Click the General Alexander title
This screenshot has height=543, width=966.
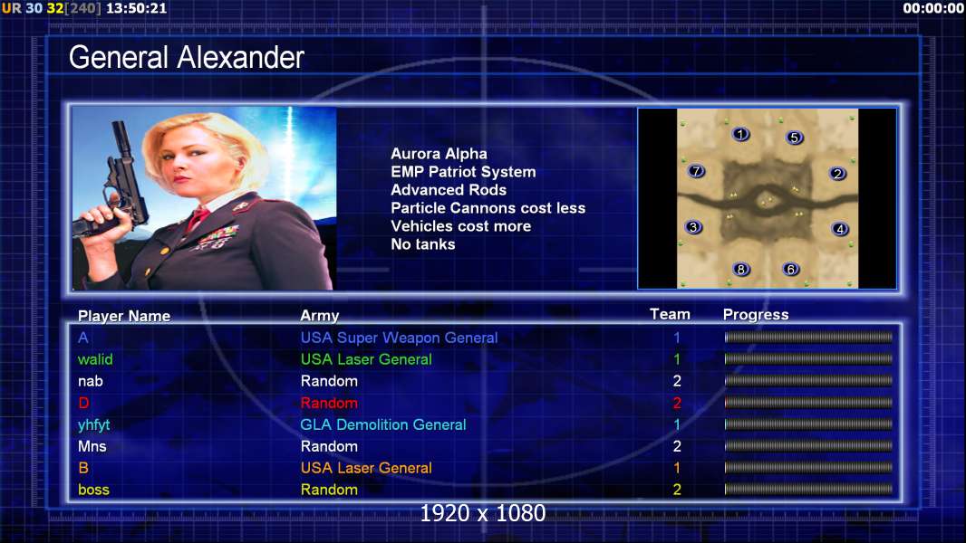186,58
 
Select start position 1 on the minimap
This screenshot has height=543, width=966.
740,133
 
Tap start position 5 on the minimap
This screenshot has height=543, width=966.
794,138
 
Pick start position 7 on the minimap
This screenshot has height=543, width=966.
696,170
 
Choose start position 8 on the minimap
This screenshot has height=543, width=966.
741,269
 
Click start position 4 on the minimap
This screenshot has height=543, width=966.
840,229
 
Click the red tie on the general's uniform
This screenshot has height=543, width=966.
198,218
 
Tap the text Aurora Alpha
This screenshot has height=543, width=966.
439,154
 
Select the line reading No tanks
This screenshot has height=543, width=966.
422,244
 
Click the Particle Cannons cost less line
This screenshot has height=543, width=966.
488,208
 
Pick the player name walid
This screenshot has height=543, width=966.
95,359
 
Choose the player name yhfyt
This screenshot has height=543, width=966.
93,425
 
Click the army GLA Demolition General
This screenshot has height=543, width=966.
382,425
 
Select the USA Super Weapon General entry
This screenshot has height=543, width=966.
399,338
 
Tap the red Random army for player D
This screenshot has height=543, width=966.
329,403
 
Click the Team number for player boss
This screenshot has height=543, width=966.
677,490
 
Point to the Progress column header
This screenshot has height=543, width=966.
755,315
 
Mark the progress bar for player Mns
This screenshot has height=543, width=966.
808,446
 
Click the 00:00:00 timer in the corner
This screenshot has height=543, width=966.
932,9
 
